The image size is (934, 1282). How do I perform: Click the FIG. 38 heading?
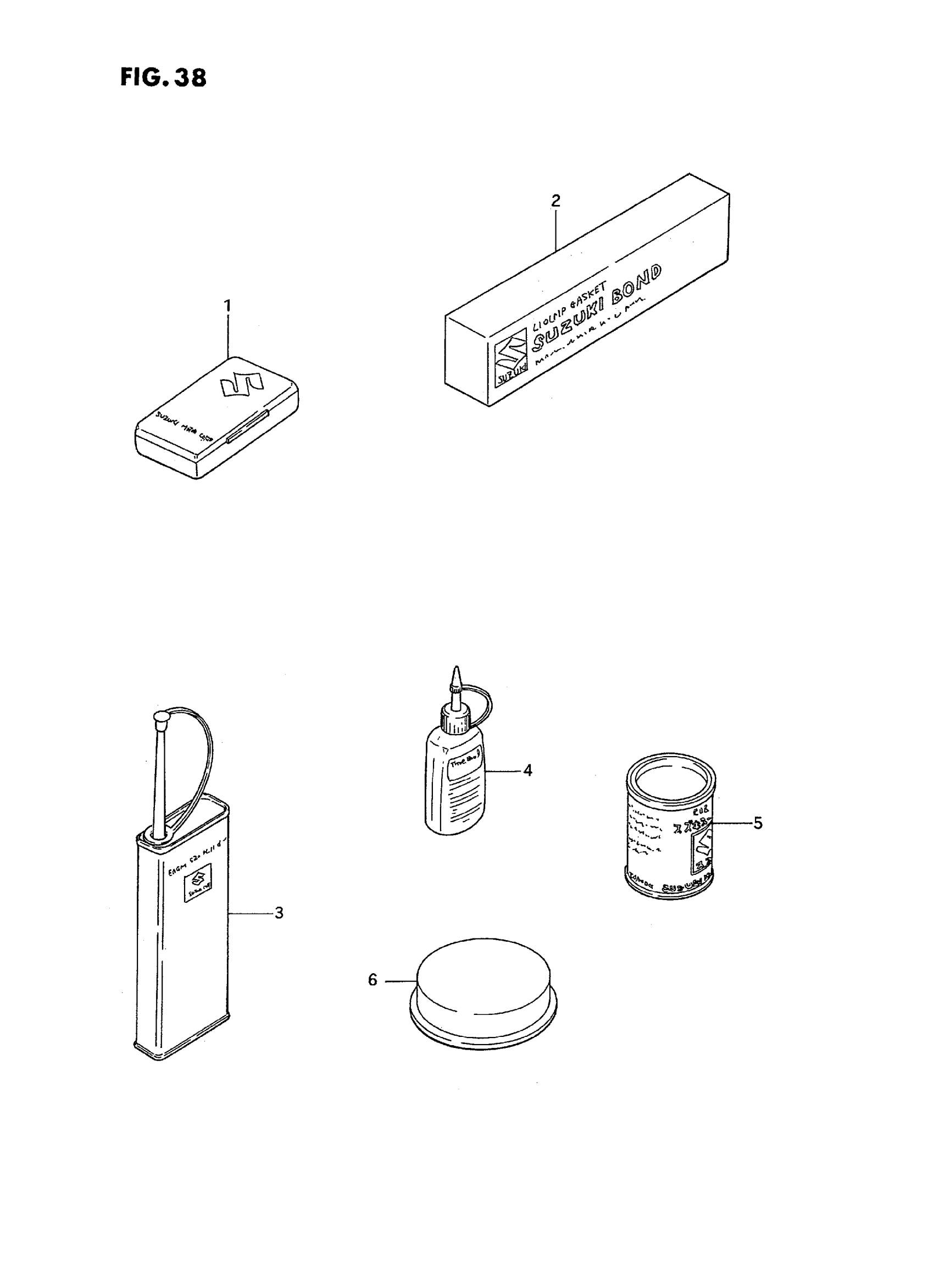pos(163,77)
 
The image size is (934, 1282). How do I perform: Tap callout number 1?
pos(227,306)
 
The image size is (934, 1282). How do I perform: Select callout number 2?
pos(556,200)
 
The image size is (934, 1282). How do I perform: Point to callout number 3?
pos(279,913)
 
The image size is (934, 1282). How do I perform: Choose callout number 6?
pos(372,980)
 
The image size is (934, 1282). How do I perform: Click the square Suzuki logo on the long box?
pos(510,364)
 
